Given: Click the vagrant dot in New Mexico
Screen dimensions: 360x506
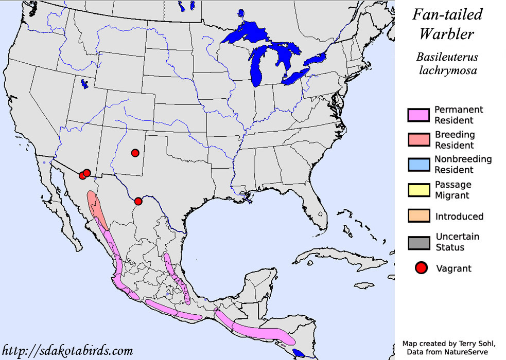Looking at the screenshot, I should [135, 153].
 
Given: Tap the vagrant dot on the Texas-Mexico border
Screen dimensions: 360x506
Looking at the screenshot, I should [138, 201].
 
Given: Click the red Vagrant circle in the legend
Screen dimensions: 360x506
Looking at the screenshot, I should [422, 268].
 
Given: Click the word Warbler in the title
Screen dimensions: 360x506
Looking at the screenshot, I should [446, 34].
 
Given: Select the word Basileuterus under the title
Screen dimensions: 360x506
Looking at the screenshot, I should [446, 57].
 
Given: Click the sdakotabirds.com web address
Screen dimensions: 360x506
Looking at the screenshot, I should [68, 351].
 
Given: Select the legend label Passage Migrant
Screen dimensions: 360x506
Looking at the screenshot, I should [453, 190].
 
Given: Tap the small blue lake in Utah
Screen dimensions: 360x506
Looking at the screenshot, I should [84, 83].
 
